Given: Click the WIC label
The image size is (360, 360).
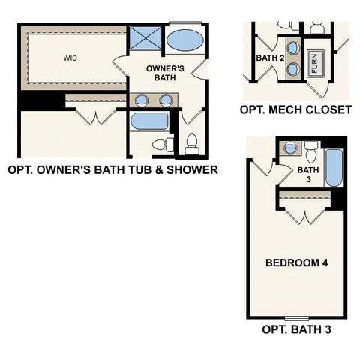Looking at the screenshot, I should pos(70,56).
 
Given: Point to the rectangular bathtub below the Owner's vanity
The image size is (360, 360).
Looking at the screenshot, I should pos(150,121).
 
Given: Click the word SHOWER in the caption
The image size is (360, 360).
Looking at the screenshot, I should pos(193,170).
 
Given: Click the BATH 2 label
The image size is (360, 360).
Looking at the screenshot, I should pos(269,58).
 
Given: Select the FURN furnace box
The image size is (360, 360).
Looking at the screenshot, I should pos(315,63).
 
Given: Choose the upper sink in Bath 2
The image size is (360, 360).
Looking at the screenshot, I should pos(291,55).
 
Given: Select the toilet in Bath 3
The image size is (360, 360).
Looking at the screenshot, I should pos(309,155).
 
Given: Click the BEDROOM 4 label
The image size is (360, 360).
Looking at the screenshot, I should pos(298,263).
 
